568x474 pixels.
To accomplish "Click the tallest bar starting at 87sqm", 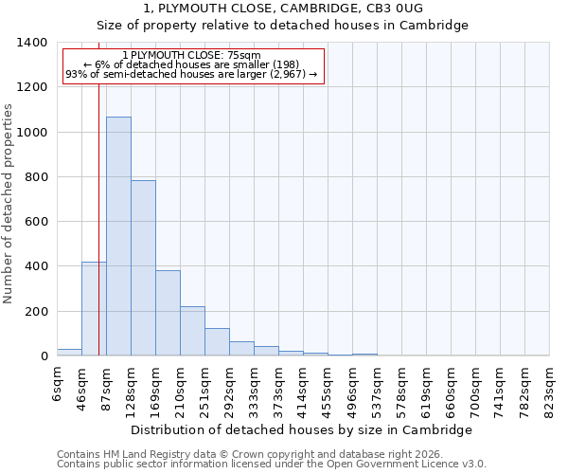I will (x=118, y=237).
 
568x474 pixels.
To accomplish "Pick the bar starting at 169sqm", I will (x=168, y=313).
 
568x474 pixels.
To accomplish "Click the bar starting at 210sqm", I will (x=192, y=331).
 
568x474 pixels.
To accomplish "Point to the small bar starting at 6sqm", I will (x=69, y=352).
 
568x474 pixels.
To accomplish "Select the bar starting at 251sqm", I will (x=217, y=342).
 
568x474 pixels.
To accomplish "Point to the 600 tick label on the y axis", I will (x=36, y=222).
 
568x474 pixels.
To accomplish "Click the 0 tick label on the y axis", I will (x=44, y=356).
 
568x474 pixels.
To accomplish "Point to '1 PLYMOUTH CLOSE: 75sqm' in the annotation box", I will (x=192, y=56).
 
